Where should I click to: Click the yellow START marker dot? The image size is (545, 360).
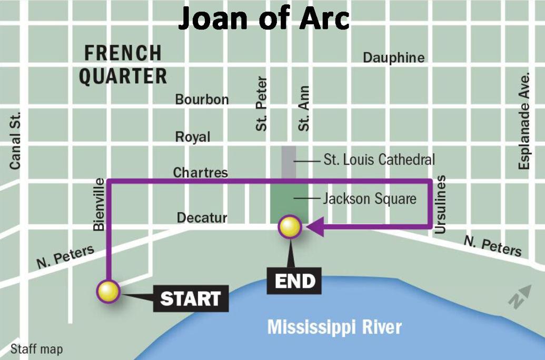[108, 291]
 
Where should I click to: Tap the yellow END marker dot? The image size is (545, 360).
[290, 227]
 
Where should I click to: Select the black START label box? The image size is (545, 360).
[190, 298]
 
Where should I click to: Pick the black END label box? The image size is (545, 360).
[295, 281]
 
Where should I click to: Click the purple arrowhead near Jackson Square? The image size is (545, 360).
[313, 227]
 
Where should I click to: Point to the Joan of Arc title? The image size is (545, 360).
[263, 19]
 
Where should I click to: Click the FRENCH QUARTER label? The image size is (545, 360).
[123, 64]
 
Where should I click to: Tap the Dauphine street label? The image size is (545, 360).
[393, 58]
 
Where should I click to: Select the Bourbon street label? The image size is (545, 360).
[202, 99]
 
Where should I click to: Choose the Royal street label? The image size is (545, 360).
[193, 137]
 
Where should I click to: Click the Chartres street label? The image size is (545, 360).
[200, 173]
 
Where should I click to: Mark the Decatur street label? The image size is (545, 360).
[202, 217]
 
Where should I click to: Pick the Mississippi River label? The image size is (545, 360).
[334, 327]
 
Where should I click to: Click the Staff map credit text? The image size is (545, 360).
[36, 349]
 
